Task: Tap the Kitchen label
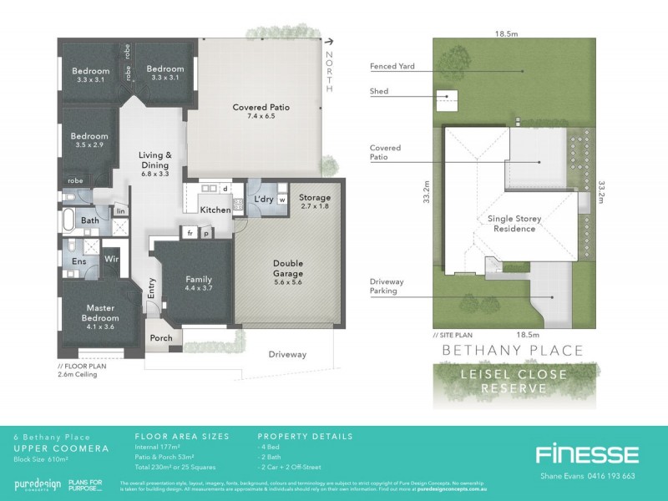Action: tap(215, 210)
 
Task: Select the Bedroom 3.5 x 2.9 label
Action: tap(89, 140)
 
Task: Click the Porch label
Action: tap(160, 338)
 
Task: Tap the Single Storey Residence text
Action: tap(514, 225)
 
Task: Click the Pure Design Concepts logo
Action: tap(37, 485)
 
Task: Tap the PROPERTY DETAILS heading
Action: tap(305, 437)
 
